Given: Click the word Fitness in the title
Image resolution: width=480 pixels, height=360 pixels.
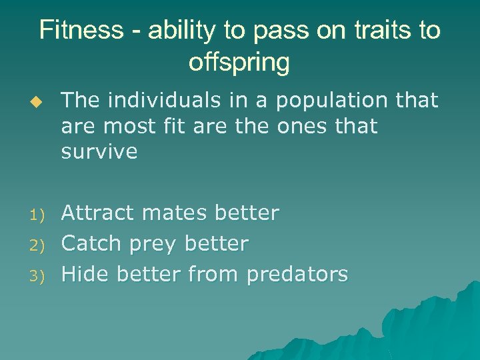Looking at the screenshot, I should [x=81, y=31].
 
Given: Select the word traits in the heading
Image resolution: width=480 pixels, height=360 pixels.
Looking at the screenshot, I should [x=375, y=31].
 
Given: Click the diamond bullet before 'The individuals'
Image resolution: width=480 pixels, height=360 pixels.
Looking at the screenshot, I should [x=46, y=101].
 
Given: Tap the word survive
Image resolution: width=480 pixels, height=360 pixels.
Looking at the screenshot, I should [x=99, y=151].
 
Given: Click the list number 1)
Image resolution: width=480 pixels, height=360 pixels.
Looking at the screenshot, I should [x=37, y=215].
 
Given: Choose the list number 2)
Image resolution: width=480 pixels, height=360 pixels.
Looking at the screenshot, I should [x=37, y=245].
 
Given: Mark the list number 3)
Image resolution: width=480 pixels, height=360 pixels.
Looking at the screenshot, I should [x=37, y=275].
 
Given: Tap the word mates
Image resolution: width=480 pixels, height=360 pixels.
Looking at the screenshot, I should [x=175, y=213].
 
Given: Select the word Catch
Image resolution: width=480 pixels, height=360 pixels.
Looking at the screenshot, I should [x=91, y=243].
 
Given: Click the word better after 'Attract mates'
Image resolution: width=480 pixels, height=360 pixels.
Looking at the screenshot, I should [x=247, y=213].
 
